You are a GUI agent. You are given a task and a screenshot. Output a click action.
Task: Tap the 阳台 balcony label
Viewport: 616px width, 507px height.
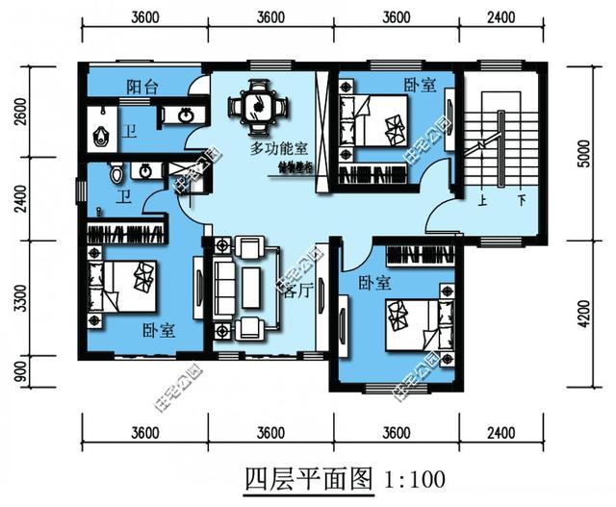click(x=141, y=88)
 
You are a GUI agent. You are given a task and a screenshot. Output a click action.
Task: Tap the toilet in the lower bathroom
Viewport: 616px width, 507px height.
click(x=115, y=174)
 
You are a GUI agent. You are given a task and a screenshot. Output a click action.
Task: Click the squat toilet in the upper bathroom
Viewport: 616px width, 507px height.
click(x=98, y=134)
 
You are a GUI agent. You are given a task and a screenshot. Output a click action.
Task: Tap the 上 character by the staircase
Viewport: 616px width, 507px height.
click(x=477, y=201)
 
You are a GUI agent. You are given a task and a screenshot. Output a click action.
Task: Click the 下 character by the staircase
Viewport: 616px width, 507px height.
click(x=521, y=201)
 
